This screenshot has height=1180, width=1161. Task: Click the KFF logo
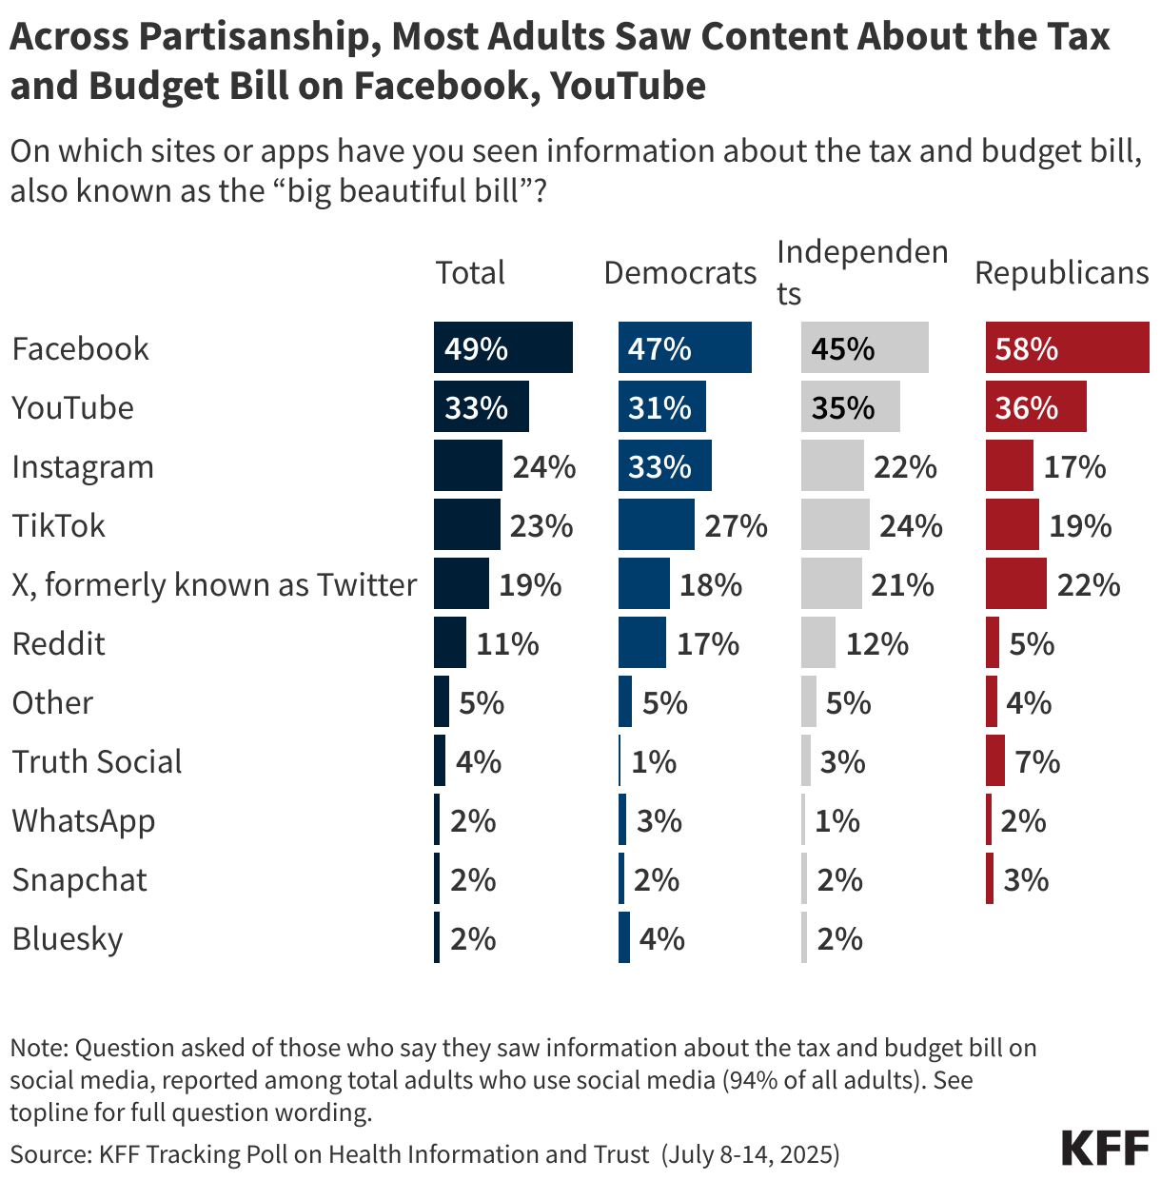coord(1105,1149)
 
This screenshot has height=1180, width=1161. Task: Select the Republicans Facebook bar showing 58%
coord(1067,348)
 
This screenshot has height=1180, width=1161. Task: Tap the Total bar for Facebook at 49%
coord(502,348)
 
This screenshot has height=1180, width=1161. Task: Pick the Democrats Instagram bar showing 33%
coord(664,466)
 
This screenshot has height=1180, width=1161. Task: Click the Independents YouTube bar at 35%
coord(850,407)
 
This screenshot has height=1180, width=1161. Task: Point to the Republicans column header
coord(1061,273)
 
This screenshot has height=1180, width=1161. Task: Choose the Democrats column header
coord(679,273)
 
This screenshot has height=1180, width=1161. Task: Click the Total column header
coord(470,273)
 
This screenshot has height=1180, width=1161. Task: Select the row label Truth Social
coord(97,761)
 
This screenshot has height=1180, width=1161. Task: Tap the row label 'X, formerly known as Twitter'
coord(214,584)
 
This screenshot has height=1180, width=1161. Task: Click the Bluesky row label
coord(68,938)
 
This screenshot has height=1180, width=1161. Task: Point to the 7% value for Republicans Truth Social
coord(1037,761)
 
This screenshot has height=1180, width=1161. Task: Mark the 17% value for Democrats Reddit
coord(708,643)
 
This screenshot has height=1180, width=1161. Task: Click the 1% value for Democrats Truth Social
coord(654,761)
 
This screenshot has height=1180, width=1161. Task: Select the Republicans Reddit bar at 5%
coord(993,643)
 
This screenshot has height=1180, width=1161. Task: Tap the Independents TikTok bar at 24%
coord(835,525)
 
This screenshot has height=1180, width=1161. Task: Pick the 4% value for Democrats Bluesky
coord(661,938)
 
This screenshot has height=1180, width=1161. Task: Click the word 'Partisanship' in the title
coord(260,36)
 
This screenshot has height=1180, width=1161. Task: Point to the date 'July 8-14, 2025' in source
coord(752,1154)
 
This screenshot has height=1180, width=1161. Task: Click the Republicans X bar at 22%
coord(1015,584)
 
